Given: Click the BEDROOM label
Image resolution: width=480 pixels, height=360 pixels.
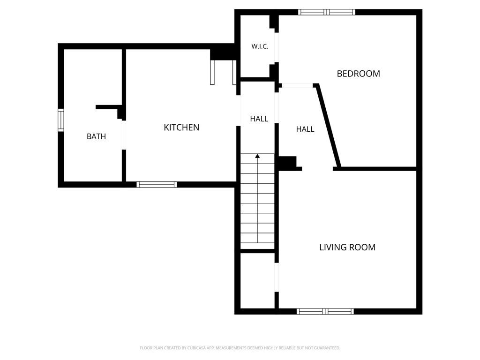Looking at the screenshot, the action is tap(358, 74).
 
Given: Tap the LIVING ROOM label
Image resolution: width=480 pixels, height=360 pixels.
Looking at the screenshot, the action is tap(347, 247).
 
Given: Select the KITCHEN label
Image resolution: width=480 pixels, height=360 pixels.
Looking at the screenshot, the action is tap(181, 127).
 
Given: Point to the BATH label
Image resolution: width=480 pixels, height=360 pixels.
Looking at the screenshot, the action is tap(96, 136).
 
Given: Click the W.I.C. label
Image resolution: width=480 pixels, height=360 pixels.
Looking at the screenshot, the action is tap(260, 46).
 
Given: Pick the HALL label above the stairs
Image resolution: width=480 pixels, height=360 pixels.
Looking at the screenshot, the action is tap(259, 119).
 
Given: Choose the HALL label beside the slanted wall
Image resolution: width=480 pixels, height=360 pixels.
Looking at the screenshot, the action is tap(305, 129).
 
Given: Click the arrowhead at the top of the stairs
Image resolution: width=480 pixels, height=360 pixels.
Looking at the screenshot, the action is tap(257, 156).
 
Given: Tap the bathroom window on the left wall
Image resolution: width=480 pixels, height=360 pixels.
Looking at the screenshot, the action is tap(61, 120).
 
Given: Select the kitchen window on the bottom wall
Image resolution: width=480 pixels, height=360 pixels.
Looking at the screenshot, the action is tap(157, 184).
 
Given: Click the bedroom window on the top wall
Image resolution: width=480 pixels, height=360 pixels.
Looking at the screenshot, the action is tap(327, 12).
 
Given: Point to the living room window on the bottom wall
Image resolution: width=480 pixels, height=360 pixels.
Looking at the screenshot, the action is tap(325, 311).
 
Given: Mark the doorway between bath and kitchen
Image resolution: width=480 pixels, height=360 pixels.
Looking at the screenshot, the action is tap(124, 135).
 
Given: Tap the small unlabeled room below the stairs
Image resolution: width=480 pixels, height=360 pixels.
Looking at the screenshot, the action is tap(257, 281).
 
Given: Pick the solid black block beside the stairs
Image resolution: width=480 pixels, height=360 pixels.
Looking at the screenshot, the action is tap(287, 162).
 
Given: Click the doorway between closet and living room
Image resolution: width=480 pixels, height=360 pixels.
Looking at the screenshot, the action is tap(277, 277).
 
